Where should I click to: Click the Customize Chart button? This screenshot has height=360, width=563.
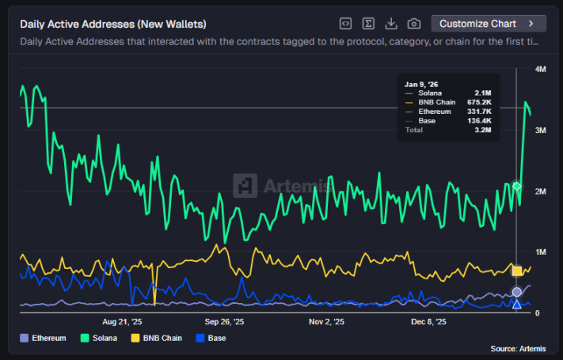489,24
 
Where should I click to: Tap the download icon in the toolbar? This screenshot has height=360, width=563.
391,24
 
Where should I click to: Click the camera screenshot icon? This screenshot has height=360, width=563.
413,24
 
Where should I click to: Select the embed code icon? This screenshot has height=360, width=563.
345,24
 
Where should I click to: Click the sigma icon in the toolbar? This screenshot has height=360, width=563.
368,24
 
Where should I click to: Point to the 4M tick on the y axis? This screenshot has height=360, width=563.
541,70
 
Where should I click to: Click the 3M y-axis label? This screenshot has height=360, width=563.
541,130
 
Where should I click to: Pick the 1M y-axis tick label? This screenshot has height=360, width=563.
541,252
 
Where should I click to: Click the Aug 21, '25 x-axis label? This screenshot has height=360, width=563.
123,322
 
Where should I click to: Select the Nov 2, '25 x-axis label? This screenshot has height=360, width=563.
326,322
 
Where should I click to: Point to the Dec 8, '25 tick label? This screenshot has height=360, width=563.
428,322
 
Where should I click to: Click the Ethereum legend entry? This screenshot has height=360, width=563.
44,338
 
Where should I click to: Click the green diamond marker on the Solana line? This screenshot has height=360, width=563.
517,186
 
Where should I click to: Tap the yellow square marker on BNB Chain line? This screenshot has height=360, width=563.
517,271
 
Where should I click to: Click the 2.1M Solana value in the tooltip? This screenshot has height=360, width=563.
483,93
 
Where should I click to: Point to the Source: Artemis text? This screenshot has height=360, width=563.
518,349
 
